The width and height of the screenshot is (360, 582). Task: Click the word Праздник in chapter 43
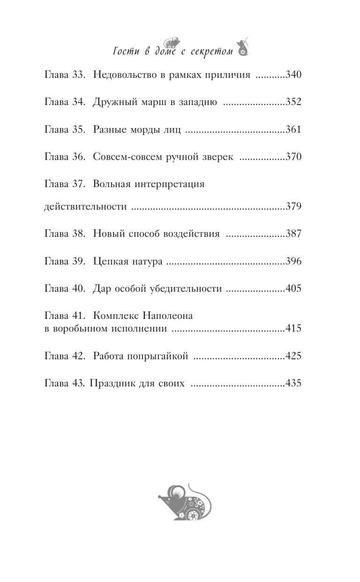coord(109,383)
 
